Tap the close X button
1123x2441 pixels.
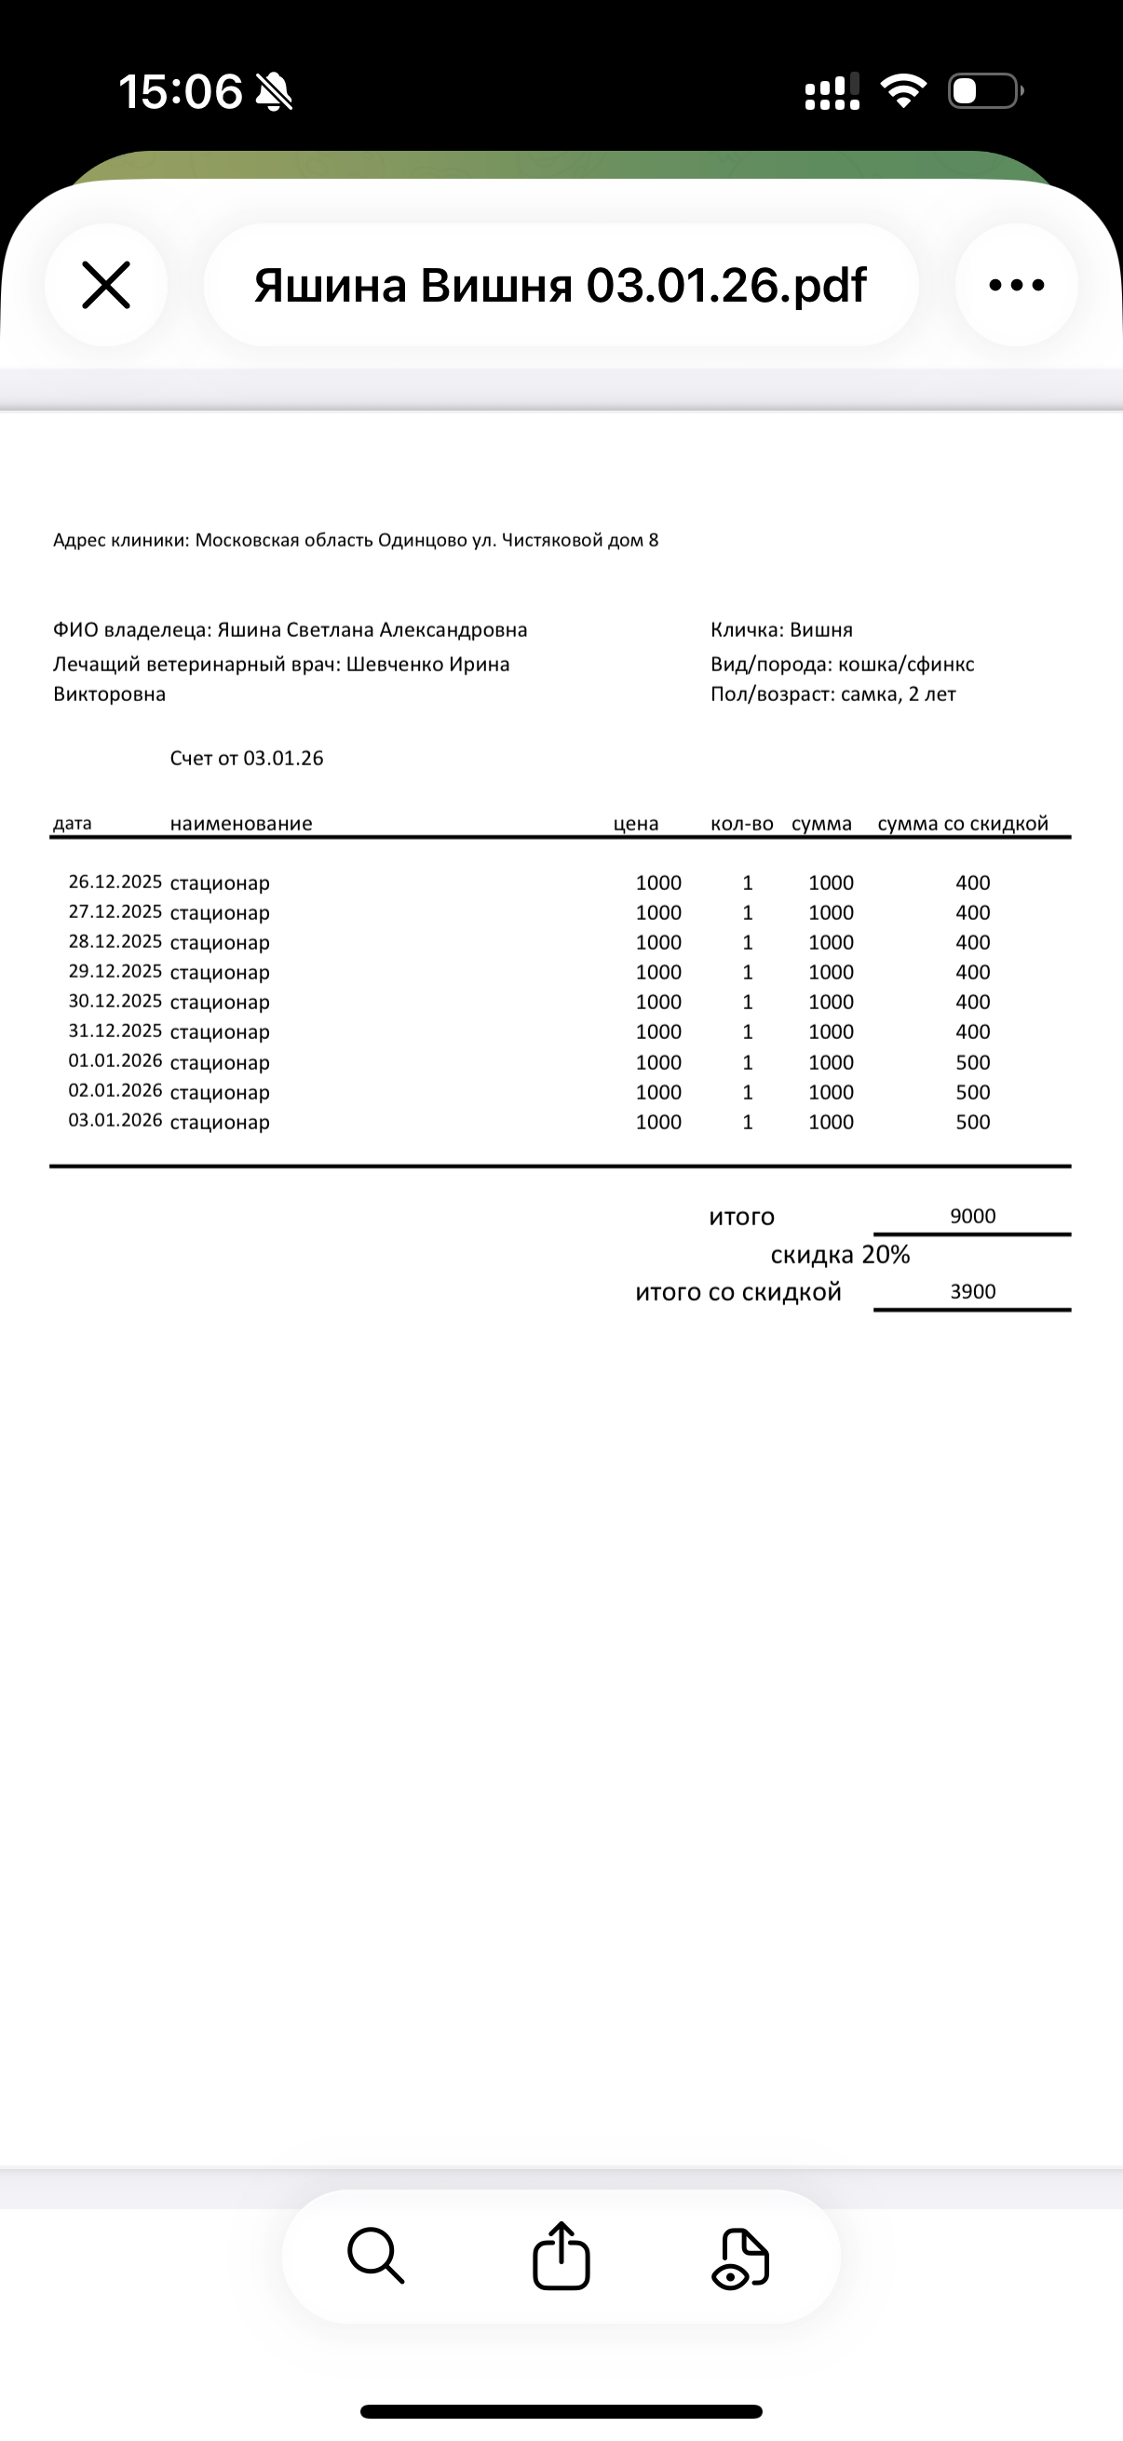105,285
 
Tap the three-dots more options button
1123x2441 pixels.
1016,285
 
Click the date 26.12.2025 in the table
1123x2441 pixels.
115,883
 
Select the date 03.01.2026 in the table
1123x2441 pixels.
115,1121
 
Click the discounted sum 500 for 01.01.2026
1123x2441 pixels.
972,1062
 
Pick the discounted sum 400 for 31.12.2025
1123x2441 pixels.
972,1032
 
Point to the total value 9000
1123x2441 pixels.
972,1217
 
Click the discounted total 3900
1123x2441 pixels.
972,1291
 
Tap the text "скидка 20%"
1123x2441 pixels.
840,1255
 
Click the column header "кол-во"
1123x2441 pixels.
741,824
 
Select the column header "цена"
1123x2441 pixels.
635,824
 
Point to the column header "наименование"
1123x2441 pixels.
241,824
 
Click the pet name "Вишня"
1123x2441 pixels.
820,630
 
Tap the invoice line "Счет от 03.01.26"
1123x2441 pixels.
247,758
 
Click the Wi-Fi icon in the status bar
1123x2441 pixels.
903,91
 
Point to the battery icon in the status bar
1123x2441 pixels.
984,91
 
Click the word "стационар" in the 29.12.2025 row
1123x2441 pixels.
220,972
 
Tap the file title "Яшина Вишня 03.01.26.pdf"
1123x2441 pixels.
560,285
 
